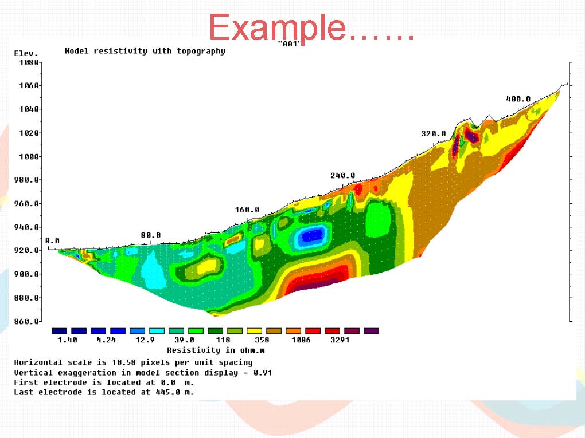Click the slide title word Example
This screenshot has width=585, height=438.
[x=277, y=27]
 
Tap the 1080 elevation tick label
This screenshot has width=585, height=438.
[x=29, y=62]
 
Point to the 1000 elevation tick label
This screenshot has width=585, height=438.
[x=29, y=156]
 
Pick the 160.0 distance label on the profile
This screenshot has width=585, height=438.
[x=247, y=210]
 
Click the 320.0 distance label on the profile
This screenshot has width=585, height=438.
[x=434, y=133]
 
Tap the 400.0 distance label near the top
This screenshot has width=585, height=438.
[x=518, y=98]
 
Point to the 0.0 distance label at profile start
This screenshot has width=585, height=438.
[x=52, y=240]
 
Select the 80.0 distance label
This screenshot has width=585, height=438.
[x=151, y=235]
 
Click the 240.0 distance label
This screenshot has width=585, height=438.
[x=342, y=175]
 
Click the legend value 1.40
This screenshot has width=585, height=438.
[x=67, y=340]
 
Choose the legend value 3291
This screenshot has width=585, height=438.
[x=340, y=340]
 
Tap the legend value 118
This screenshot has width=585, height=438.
[x=223, y=340]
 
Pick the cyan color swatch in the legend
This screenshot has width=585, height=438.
[x=157, y=331]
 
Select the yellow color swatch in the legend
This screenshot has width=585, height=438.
[x=254, y=331]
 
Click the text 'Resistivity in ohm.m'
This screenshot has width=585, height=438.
[x=216, y=350]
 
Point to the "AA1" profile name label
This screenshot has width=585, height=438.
[x=290, y=43]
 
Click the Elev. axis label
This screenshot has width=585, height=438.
[x=26, y=53]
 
